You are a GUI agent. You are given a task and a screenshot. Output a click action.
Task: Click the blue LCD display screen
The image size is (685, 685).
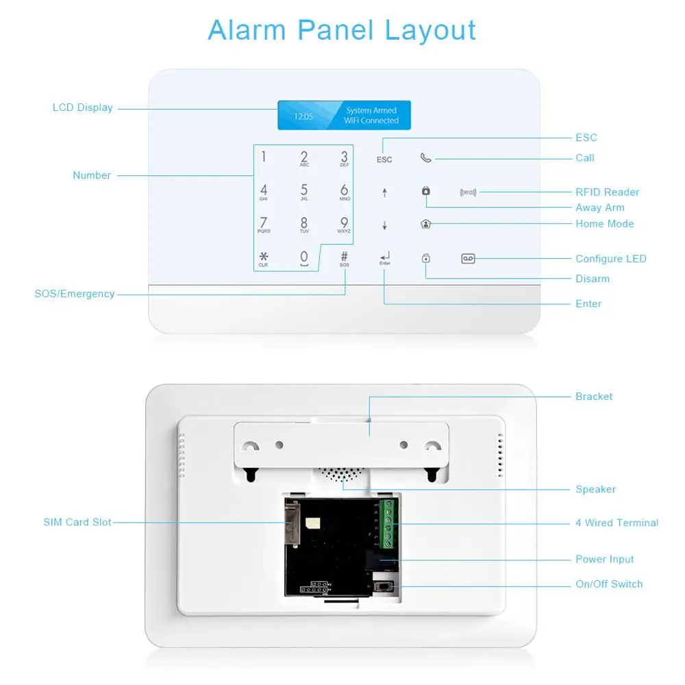coord(344,115)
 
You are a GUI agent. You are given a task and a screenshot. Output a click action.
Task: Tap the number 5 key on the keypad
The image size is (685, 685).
coord(304,191)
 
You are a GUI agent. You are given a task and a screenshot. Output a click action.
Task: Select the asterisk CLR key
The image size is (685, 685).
coord(264,258)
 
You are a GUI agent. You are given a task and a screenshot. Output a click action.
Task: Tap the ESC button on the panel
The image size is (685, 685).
coord(384,159)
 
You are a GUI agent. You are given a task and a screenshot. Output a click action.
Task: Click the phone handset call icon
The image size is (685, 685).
coord(425,158)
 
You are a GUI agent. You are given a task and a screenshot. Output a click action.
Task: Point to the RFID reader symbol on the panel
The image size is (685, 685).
coord(468,192)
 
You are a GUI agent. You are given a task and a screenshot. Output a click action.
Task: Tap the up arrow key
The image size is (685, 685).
coord(384,192)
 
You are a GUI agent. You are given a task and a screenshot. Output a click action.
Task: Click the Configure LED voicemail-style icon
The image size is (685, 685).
coord(468,258)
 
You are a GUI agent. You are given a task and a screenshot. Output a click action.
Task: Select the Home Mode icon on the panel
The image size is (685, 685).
coord(425,224)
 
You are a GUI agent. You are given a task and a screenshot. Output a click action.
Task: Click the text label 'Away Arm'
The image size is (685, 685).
coord(599,208)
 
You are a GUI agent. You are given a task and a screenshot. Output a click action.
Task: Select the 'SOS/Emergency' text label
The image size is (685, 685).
coord(75,294)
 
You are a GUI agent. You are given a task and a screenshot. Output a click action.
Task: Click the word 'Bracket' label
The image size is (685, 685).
coord(594,397)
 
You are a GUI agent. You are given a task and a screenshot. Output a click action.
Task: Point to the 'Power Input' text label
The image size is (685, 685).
coord(604,560)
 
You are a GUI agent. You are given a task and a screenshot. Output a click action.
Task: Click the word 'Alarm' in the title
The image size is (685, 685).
coord(248,31)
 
